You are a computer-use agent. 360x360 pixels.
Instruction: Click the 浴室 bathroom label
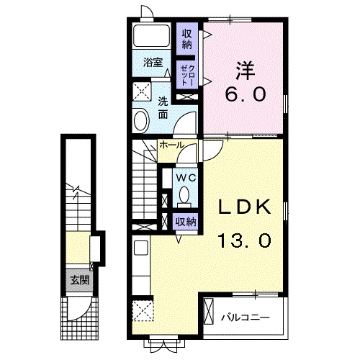click(153, 63)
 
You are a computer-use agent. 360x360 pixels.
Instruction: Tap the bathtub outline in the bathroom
click(152, 35)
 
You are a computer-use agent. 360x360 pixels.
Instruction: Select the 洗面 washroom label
click(163, 109)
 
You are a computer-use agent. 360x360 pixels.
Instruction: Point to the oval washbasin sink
click(140, 120)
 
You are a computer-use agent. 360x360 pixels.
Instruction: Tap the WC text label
click(186, 178)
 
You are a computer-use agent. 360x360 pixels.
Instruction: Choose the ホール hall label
click(172, 145)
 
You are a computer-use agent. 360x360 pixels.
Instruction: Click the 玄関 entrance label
click(79, 280)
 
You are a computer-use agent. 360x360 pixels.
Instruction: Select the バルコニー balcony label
click(246, 318)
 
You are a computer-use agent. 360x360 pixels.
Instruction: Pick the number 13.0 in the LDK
click(244, 240)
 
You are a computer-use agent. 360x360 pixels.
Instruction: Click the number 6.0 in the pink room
click(245, 94)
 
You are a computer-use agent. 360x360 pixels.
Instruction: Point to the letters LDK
click(244, 207)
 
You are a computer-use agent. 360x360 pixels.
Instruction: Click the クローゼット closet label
click(189, 75)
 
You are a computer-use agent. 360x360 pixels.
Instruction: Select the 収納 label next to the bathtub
click(187, 39)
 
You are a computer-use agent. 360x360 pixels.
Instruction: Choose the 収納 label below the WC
click(186, 222)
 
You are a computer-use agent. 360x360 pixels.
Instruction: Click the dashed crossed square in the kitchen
click(143, 311)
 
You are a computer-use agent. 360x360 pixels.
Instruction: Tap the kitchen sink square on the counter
click(141, 248)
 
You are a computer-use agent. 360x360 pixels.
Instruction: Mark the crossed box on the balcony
click(208, 311)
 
